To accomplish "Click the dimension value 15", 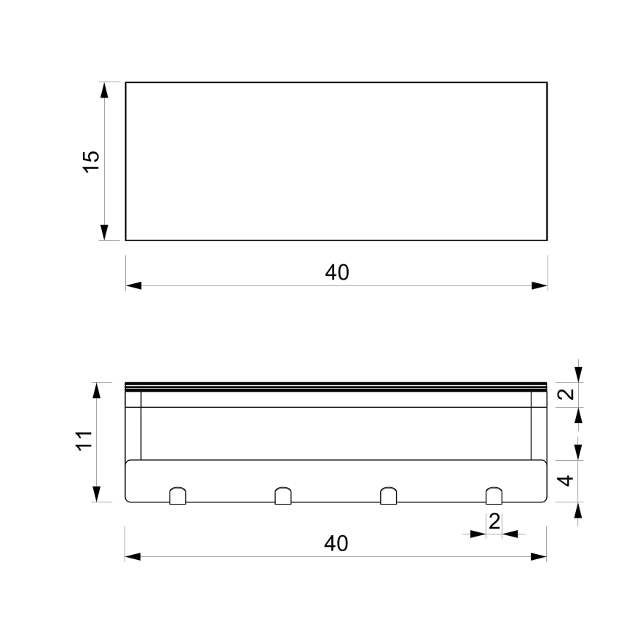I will pyautogui.click(x=90, y=161).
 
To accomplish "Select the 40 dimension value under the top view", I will pyautogui.click(x=336, y=272).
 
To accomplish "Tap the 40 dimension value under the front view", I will pyautogui.click(x=336, y=543).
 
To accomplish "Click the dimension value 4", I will pyautogui.click(x=569, y=481).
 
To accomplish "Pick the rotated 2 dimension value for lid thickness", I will pyautogui.click(x=569, y=394).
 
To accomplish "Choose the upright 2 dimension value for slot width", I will pyautogui.click(x=494, y=521).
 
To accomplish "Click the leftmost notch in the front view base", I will pyautogui.click(x=178, y=496).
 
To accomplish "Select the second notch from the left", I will pyautogui.click(x=283, y=496).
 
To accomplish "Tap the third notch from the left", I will pyautogui.click(x=389, y=496).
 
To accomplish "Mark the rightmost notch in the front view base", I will pyautogui.click(x=494, y=496).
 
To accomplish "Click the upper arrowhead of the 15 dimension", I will pyautogui.click(x=104, y=90).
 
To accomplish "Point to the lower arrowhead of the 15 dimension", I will pyautogui.click(x=104, y=232).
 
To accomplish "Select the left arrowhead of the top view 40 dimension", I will pyautogui.click(x=133, y=285).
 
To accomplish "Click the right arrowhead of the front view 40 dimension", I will pyautogui.click(x=539, y=557).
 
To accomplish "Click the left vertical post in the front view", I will pyautogui.click(x=133, y=426).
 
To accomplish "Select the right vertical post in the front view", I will pyautogui.click(x=539, y=426).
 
